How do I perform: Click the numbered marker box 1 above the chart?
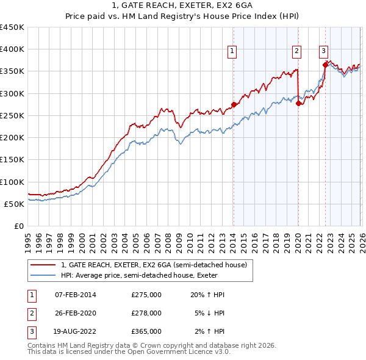coord(233,52)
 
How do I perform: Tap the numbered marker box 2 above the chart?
coord(297,52)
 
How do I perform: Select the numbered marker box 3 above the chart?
coord(324,52)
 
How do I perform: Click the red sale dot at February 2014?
coord(234,104)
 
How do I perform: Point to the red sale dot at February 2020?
coord(298,103)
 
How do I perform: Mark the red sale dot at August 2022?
coord(325,65)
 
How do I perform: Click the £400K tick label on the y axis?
coord(12,49)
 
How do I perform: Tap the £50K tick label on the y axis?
coord(14,204)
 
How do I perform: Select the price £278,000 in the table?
coord(146,313)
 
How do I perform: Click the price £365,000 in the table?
coord(146,331)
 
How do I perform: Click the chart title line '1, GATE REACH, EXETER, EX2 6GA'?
coord(182,6)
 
